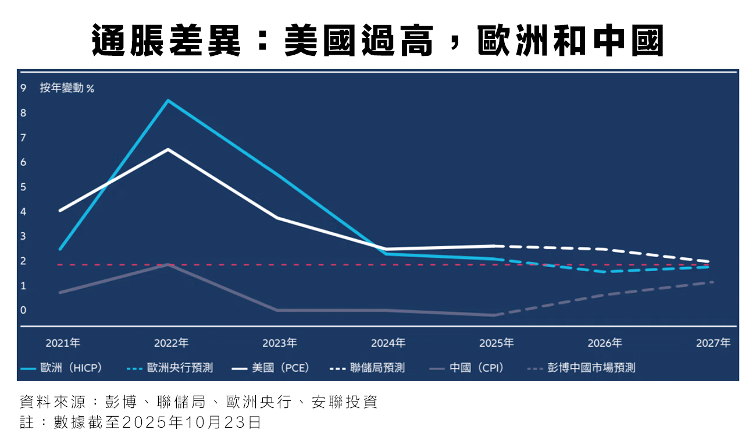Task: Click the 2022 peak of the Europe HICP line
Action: click(168, 101)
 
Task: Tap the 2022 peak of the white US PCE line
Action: click(168, 150)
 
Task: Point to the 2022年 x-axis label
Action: click(171, 343)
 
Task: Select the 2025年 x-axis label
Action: click(496, 343)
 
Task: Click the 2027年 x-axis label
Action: click(713, 343)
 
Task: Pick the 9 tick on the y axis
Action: click(23, 88)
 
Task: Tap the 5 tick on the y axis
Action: click(23, 187)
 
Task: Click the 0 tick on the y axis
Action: click(23, 310)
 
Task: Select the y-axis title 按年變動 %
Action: click(67, 88)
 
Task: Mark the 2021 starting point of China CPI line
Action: click(60, 292)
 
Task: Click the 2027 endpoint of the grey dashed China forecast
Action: click(712, 282)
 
